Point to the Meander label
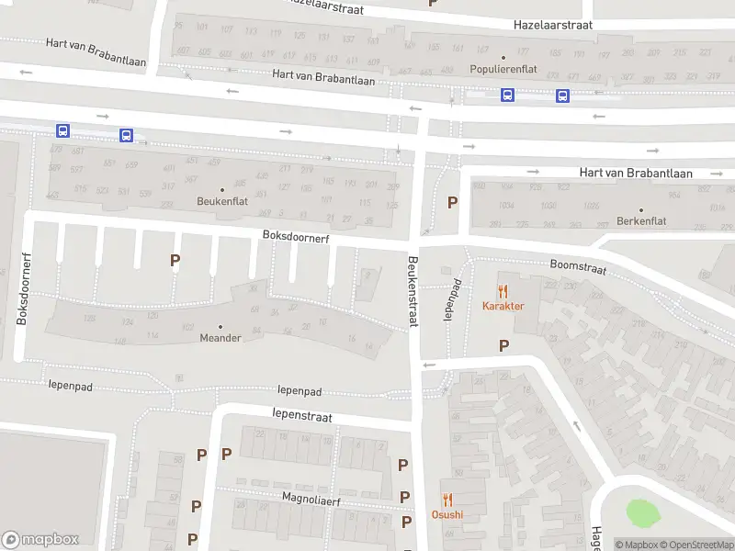[x=220, y=337]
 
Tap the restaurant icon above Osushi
[x=447, y=500]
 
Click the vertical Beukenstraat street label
[x=413, y=292]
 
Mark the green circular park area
[x=642, y=512]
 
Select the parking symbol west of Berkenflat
[x=451, y=202]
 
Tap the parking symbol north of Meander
[x=175, y=261]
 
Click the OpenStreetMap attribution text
[x=700, y=545]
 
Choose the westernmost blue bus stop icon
[x=62, y=131]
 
